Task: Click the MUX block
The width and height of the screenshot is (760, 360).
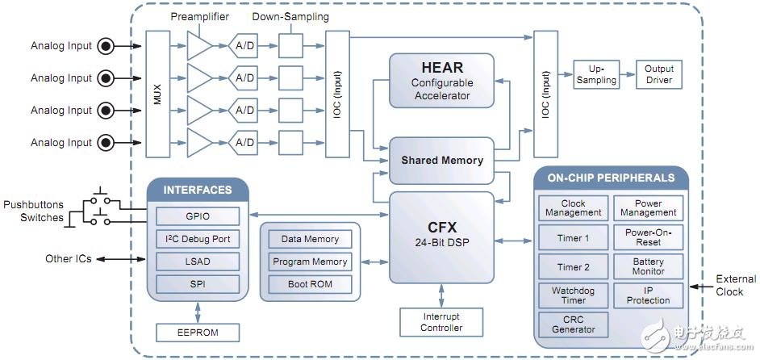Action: tap(157, 94)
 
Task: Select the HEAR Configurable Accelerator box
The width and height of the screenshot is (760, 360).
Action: tap(441, 81)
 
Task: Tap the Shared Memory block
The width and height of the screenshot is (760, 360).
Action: tap(441, 160)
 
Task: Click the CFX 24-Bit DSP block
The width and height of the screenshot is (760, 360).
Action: tap(441, 237)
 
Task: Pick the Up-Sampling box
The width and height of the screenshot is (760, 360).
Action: tap(596, 75)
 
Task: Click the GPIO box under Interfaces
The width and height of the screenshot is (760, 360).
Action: tap(198, 216)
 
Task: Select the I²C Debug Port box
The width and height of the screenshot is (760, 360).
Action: tap(198, 239)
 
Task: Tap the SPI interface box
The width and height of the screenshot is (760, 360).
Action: tap(198, 284)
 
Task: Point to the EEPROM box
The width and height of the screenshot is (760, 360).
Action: tap(198, 332)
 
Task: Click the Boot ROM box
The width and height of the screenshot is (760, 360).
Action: tap(310, 284)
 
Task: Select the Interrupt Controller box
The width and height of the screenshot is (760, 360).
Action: tap(441, 321)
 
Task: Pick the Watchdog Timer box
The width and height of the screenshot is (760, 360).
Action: tap(574, 295)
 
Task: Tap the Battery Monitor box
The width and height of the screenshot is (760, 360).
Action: tap(649, 266)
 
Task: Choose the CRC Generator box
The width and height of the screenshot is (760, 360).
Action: tap(574, 324)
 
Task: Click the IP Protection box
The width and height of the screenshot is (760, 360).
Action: tap(649, 295)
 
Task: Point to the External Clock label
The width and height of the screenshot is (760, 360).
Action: tap(736, 285)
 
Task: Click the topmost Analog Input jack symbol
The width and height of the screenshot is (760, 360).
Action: tap(105, 46)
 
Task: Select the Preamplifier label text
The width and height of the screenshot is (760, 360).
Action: tap(200, 16)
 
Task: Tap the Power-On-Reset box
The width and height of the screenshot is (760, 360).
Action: tap(649, 237)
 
